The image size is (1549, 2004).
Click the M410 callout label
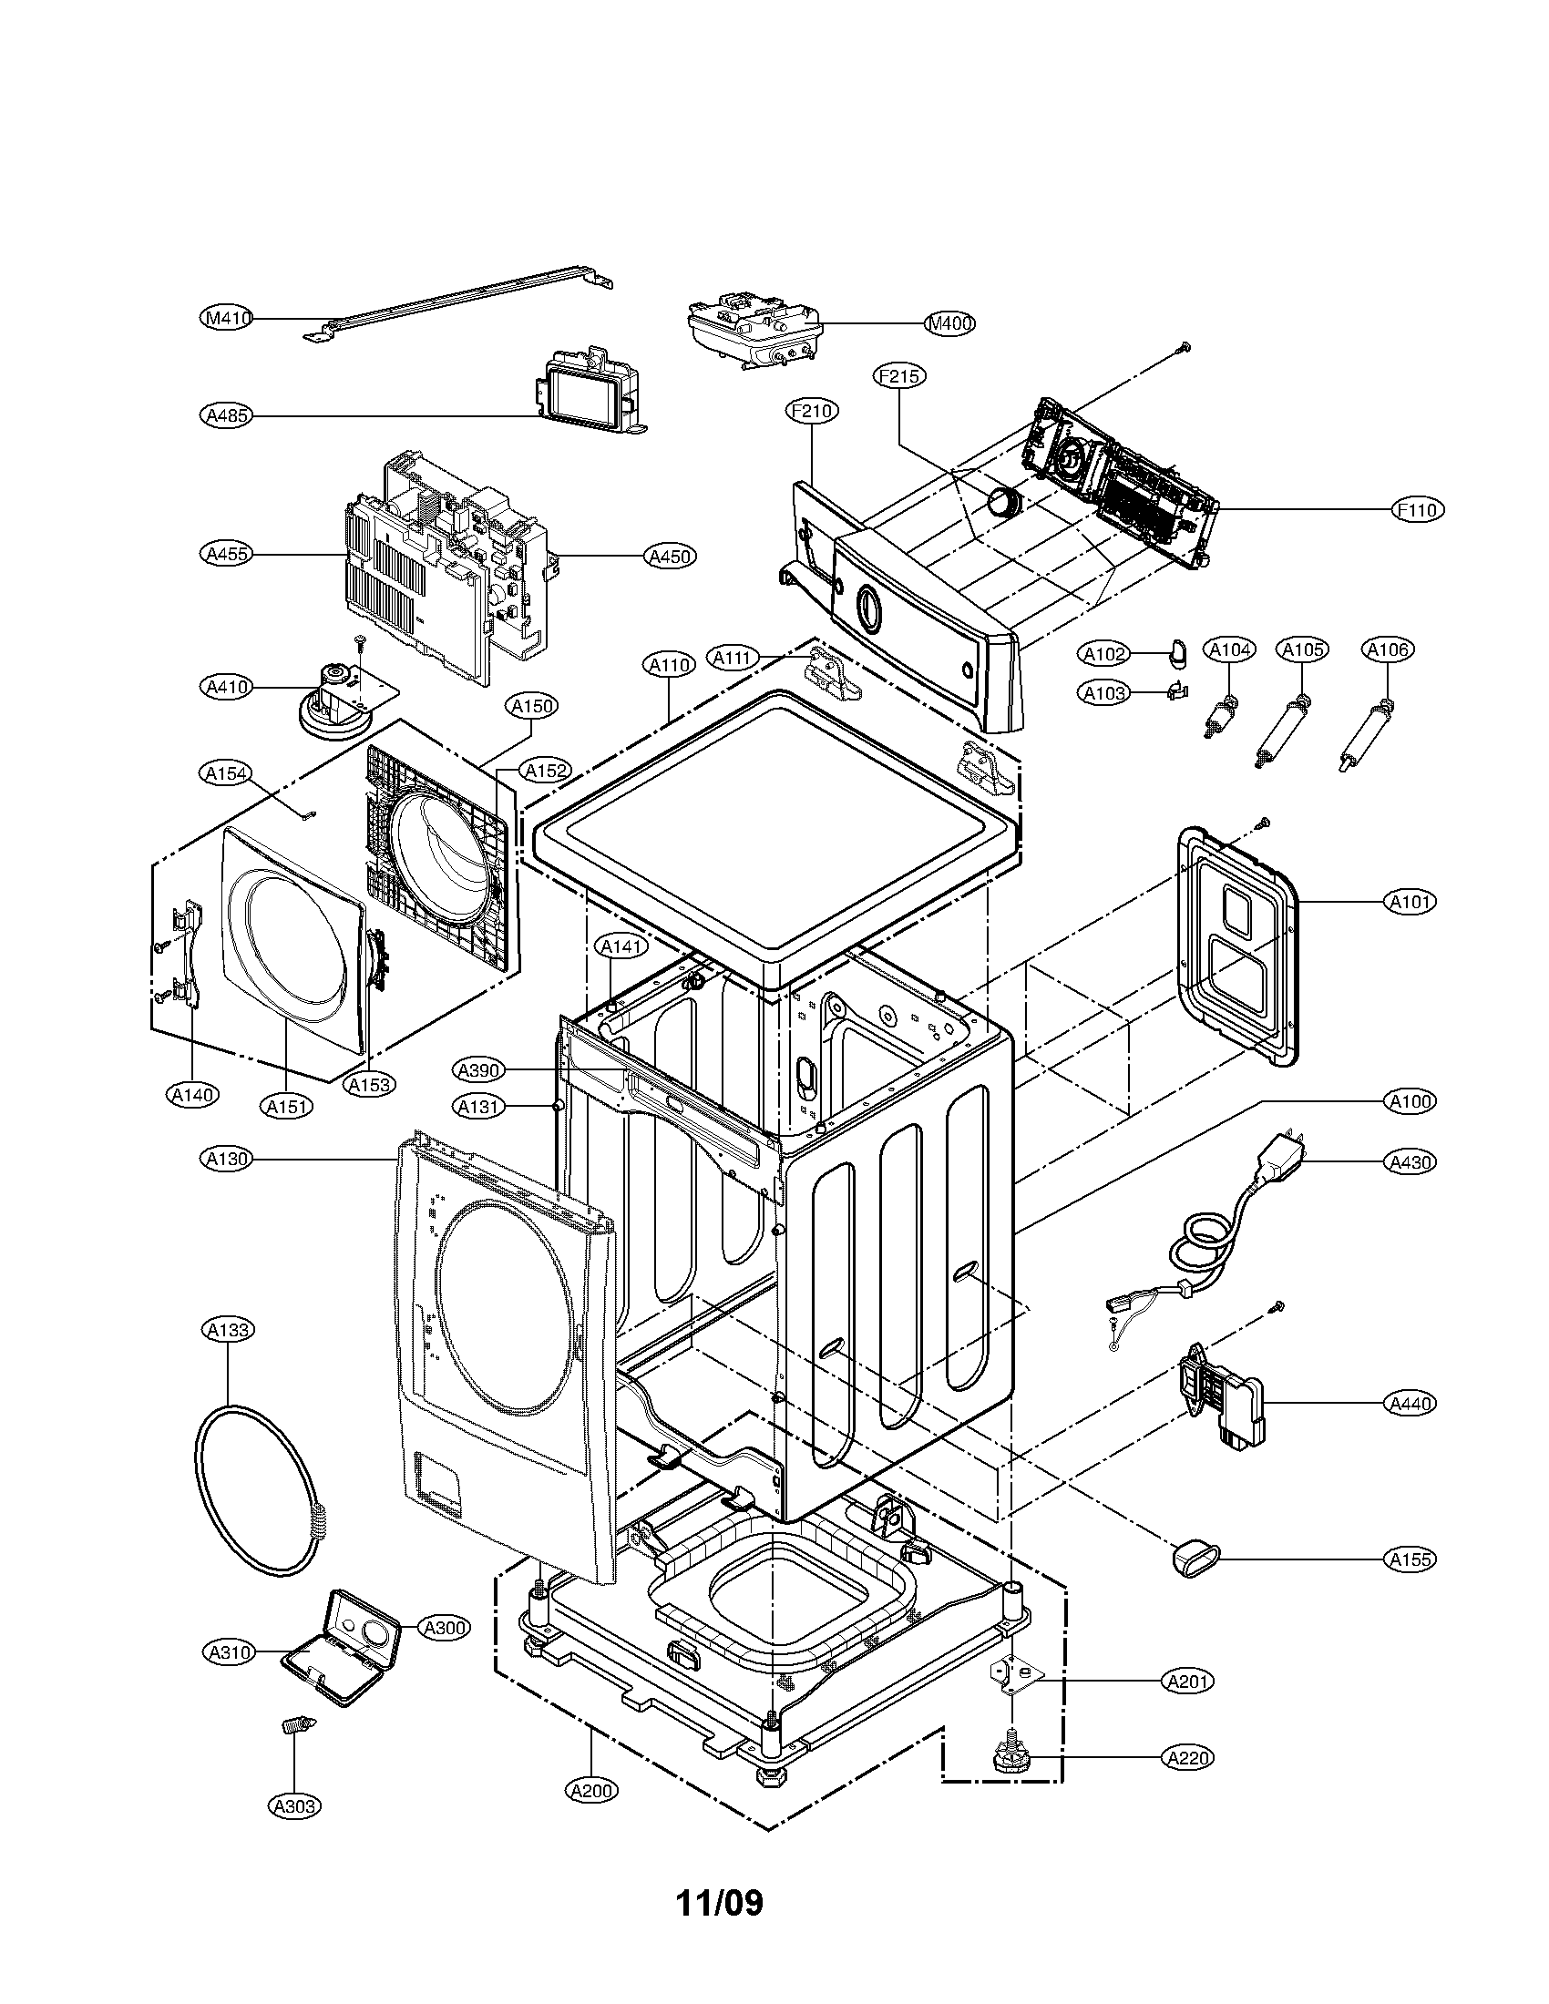[x=226, y=319]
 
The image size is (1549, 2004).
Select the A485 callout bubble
[x=226, y=415]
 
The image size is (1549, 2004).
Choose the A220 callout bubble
[x=1187, y=1758]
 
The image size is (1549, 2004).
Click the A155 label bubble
[x=1411, y=1558]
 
